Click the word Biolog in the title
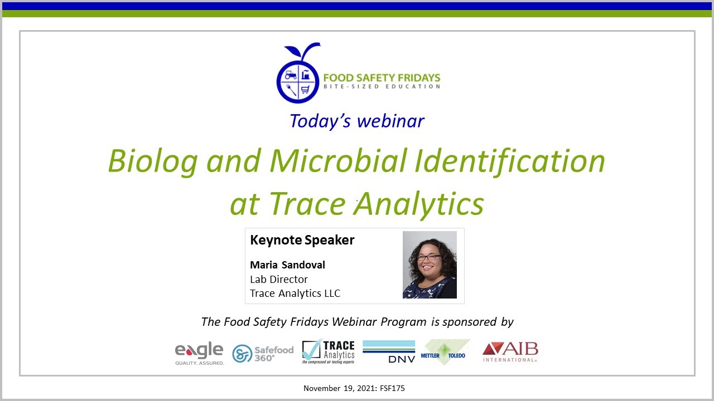click(152, 162)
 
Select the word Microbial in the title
click(337, 162)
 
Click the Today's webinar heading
click(357, 121)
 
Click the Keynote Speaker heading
click(302, 240)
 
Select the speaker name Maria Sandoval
click(287, 265)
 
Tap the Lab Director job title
click(279, 279)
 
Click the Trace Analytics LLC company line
click(295, 293)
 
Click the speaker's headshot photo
click(430, 265)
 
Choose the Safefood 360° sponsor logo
click(263, 353)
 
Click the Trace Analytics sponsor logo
click(329, 351)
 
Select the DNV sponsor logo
click(389, 351)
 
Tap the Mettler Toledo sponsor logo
click(445, 353)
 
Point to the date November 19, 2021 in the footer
click(340, 388)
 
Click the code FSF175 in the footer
click(394, 388)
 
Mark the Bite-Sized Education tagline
click(382, 86)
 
